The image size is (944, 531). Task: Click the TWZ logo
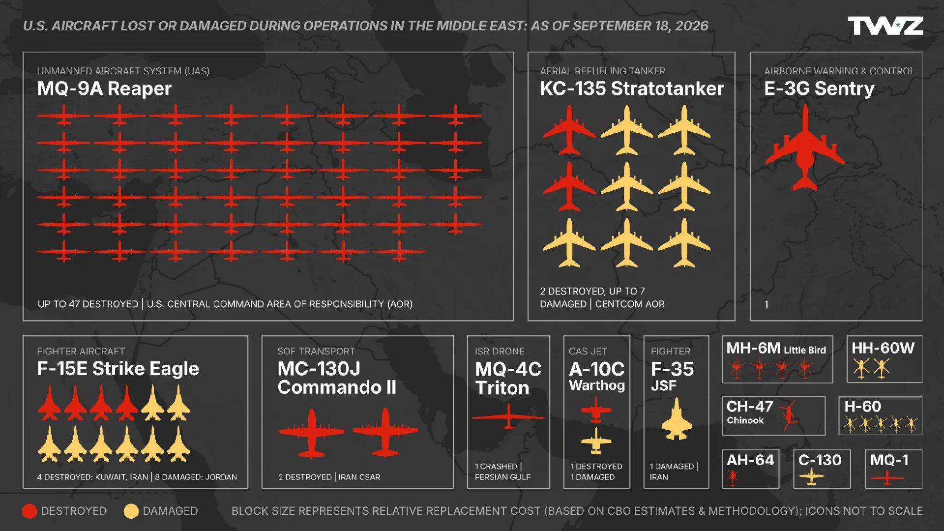[x=885, y=26]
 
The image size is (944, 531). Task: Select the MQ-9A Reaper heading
[x=104, y=88]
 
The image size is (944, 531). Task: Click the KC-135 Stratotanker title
[x=632, y=88]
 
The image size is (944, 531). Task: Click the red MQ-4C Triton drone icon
[x=508, y=417]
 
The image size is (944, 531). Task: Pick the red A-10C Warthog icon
[x=596, y=409]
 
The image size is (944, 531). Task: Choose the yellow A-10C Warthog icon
[x=596, y=441]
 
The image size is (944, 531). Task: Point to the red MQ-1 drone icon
[x=887, y=477]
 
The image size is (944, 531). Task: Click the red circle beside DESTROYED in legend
[x=29, y=511]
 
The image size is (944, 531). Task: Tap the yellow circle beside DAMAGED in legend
[x=131, y=511]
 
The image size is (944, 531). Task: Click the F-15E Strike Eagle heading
[x=118, y=369]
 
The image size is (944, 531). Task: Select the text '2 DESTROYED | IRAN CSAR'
[x=329, y=477]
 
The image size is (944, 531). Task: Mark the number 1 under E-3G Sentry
[x=766, y=304]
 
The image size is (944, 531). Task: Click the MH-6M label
[x=753, y=349]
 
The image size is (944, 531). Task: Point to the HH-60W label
[x=883, y=349]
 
